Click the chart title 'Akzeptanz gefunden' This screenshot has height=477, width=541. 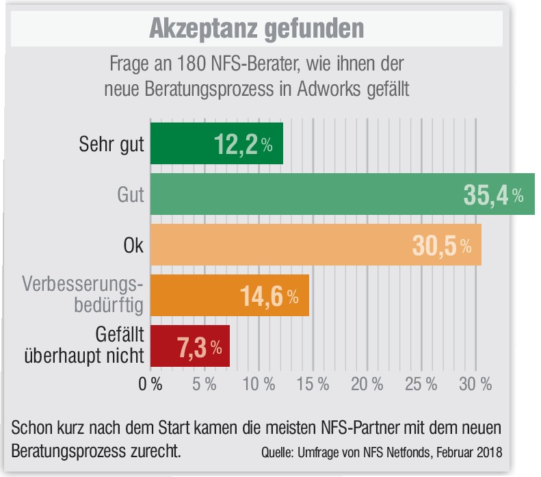point(256,28)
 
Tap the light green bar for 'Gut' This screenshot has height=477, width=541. point(342,194)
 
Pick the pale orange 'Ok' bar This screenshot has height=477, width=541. point(315,245)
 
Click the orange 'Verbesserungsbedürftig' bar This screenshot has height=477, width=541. point(229,296)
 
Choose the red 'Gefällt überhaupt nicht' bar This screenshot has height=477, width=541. point(189,346)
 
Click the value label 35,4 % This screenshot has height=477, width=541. point(493,195)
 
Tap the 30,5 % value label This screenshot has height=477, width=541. point(441,246)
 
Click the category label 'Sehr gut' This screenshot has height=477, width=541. point(111,144)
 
